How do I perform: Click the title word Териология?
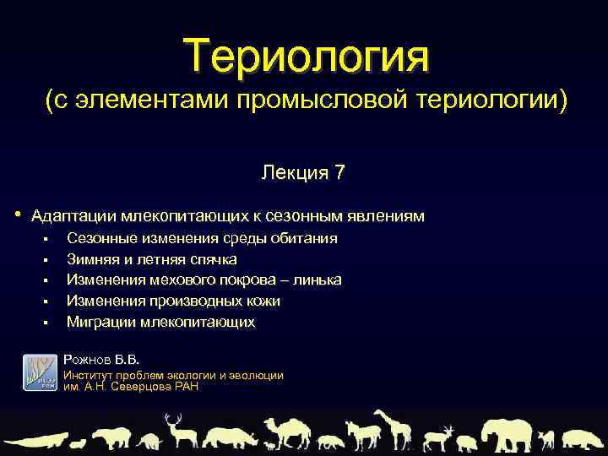click(x=308, y=55)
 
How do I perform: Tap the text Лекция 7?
click(x=302, y=173)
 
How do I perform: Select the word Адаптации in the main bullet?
click(x=73, y=216)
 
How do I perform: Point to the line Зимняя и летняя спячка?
click(x=151, y=259)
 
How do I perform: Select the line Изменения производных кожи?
click(x=173, y=301)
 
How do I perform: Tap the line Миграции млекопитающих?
click(x=160, y=323)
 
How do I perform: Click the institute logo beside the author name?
click(x=39, y=372)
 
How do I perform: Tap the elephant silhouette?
click(x=505, y=433)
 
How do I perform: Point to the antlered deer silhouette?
click(x=178, y=431)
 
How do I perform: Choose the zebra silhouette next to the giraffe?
click(x=362, y=436)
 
